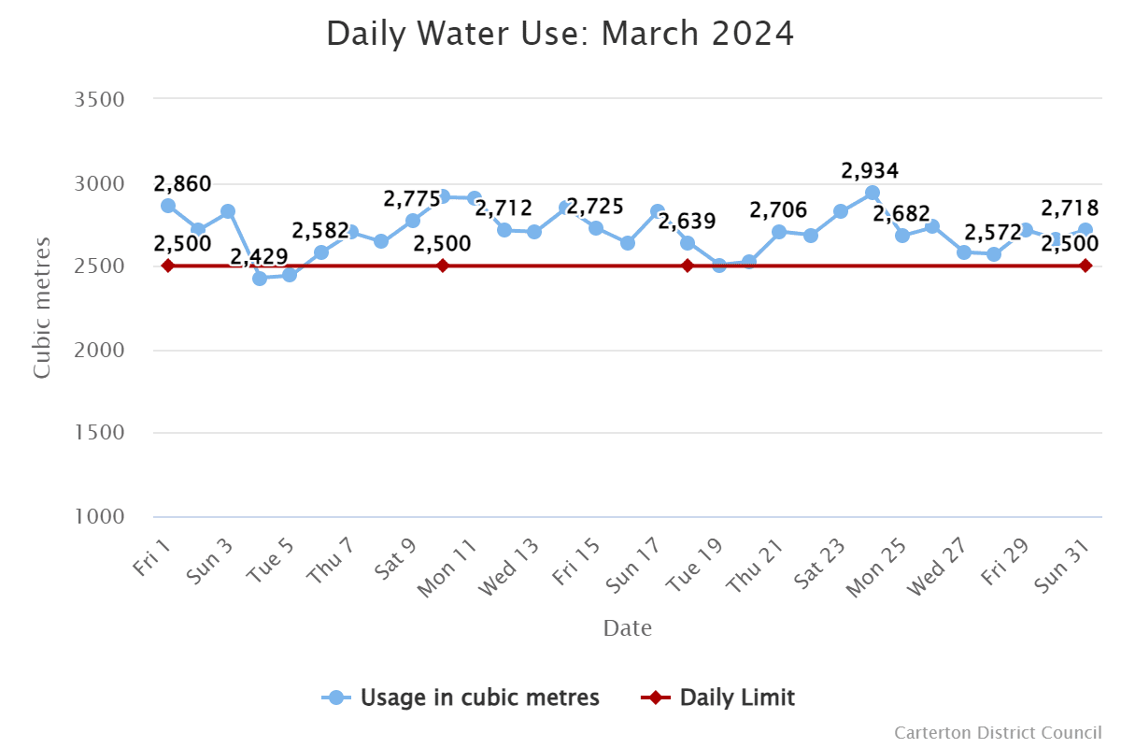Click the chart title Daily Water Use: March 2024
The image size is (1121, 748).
pyautogui.click(x=560, y=35)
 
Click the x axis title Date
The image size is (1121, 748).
pyautogui.click(x=627, y=627)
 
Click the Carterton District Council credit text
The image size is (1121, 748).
pyautogui.click(x=998, y=732)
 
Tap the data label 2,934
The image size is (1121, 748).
pyautogui.click(x=870, y=171)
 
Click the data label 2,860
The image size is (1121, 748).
pyautogui.click(x=182, y=183)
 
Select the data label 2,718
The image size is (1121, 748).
pyautogui.click(x=1070, y=208)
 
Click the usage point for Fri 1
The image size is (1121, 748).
pyautogui.click(x=168, y=206)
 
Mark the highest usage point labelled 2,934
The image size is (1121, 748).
pyautogui.click(x=872, y=193)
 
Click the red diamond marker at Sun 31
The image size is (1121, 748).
pyautogui.click(x=1086, y=266)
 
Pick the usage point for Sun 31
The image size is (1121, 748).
pyautogui.click(x=1086, y=229)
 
